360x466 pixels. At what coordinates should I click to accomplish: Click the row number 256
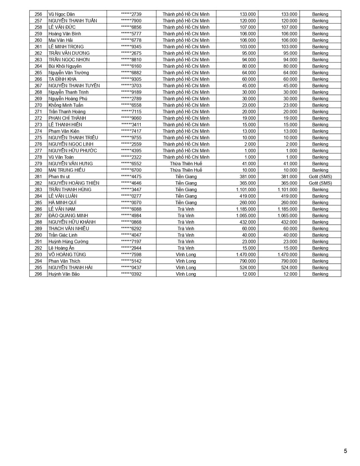pos(38,14)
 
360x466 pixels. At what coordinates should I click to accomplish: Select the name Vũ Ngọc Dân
pos(62,14)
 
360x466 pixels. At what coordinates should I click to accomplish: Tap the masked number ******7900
pos(131,21)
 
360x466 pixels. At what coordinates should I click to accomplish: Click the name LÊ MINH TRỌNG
pos(66,47)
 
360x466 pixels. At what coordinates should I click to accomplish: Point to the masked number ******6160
pos(131,66)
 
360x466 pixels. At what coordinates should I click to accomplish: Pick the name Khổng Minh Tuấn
pos(66,105)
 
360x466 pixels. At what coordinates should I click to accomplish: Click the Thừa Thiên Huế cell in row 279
pos(186,164)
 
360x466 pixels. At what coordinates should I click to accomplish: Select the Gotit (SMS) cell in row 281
pos(320,176)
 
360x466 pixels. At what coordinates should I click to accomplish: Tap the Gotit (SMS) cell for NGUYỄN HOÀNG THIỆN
pos(320,183)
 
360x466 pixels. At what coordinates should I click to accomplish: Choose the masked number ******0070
pos(131,202)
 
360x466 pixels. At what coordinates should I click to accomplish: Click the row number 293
pos(38,255)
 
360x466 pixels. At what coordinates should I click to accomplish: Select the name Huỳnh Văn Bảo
pos(64,274)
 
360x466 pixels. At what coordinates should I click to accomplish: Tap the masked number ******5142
pos(131,261)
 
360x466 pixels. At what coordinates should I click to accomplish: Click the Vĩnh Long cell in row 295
pos(186,268)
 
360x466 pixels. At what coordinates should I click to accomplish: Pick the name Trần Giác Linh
pos(63,235)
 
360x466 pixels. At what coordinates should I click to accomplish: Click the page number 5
pos(345,451)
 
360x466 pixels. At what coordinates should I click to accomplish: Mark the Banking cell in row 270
pos(320,105)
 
